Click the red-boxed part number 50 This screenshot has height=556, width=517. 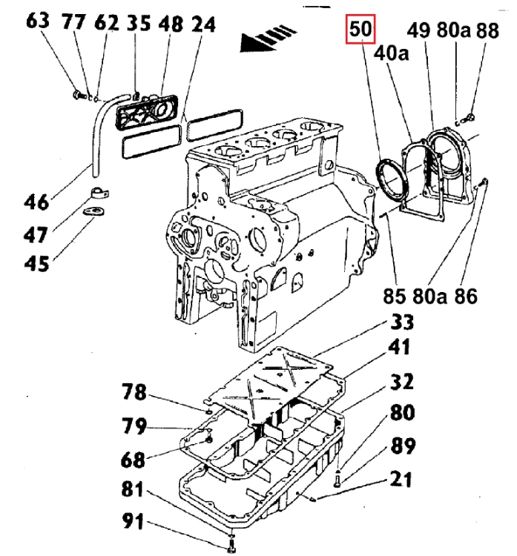point(363,31)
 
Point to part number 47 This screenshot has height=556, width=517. point(36,236)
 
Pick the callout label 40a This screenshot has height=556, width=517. point(391,53)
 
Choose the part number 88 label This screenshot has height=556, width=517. point(487,31)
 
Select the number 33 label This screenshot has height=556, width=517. point(401,322)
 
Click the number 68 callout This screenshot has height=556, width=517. point(134,460)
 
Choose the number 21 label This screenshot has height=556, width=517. point(401,480)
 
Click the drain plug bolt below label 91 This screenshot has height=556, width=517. point(230,546)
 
